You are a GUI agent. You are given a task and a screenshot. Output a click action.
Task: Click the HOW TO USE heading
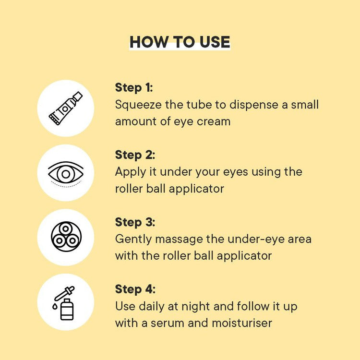point(180,42)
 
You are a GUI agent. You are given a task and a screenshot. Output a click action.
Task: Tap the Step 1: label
point(134,88)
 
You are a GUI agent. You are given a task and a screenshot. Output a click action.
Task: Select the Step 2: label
point(135,155)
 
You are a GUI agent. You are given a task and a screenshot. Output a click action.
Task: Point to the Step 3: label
point(135,223)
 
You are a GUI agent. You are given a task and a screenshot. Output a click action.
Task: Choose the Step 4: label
point(135,289)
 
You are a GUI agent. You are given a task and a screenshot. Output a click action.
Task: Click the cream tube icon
point(65,108)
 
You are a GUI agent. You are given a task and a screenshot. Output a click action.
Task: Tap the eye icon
point(65,173)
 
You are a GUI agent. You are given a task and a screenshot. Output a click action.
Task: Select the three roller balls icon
point(66,237)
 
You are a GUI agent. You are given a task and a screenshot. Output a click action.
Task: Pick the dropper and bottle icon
point(65,302)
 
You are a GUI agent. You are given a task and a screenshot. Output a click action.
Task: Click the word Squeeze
point(138,105)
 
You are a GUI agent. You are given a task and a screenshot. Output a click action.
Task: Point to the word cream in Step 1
point(213,121)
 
